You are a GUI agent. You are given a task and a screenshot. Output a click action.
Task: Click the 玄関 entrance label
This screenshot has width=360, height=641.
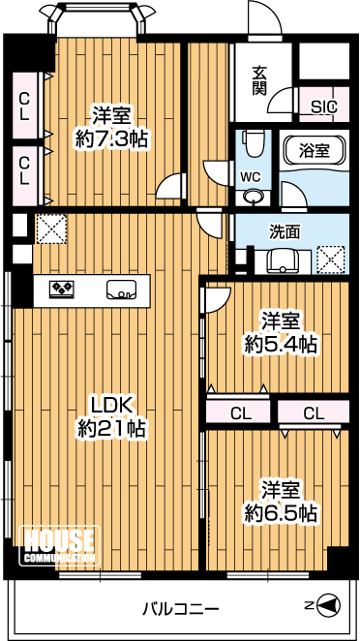pyautogui.click(x=259, y=80)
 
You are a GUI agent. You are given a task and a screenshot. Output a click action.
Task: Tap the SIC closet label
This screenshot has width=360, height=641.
pyautogui.click(x=324, y=107)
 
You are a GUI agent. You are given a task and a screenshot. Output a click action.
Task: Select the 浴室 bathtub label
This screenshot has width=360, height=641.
pyautogui.click(x=315, y=151)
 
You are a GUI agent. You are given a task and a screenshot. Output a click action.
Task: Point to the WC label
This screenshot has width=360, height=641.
pyautogui.click(x=251, y=177)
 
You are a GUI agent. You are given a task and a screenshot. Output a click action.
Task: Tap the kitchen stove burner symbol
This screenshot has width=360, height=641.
pyautogui.click(x=62, y=289)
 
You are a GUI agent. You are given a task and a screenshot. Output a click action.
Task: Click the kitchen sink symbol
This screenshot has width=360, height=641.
pyautogui.click(x=121, y=289)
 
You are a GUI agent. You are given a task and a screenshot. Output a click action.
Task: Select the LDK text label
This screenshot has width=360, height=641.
pyautogui.click(x=111, y=407)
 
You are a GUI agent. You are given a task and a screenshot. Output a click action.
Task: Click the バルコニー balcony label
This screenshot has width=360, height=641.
pyautogui.click(x=181, y=610)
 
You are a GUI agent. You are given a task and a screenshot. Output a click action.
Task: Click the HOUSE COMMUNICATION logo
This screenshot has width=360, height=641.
pyautogui.click(x=60, y=545)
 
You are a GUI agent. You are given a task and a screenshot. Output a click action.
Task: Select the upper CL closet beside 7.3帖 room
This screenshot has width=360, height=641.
pyautogui.click(x=25, y=106)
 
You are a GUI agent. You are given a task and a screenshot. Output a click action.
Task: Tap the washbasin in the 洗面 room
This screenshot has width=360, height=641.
pyautogui.click(x=283, y=260)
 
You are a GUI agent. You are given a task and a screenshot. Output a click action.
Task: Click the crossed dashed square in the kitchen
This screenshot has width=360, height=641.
pyautogui.click(x=51, y=229)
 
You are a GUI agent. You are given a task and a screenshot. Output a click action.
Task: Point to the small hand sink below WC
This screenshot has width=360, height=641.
pyautogui.click(x=253, y=197)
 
